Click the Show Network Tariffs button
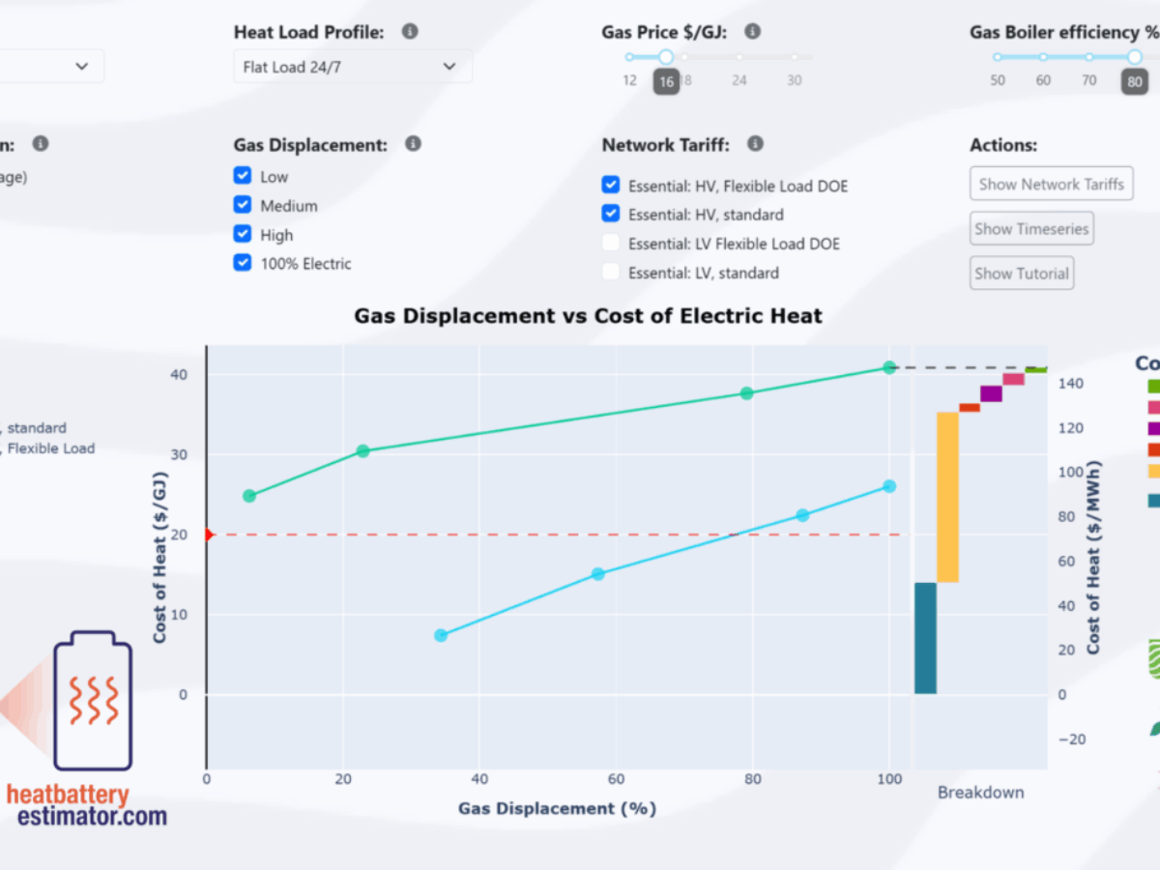click(x=1051, y=184)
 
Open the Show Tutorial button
click(x=1021, y=273)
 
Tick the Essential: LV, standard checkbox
click(x=610, y=273)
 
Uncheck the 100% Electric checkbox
click(x=243, y=263)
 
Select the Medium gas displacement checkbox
click(x=243, y=205)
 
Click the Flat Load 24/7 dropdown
click(x=352, y=67)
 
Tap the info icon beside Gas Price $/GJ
click(x=753, y=32)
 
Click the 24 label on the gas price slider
click(x=739, y=80)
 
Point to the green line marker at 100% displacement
click(x=889, y=367)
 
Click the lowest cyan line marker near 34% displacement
click(x=441, y=635)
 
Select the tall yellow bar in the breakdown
click(x=947, y=497)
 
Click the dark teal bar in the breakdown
click(x=925, y=638)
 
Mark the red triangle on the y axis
click(x=209, y=535)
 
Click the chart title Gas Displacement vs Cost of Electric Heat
click(x=588, y=315)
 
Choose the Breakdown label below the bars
click(x=980, y=793)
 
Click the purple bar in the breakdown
click(x=991, y=393)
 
